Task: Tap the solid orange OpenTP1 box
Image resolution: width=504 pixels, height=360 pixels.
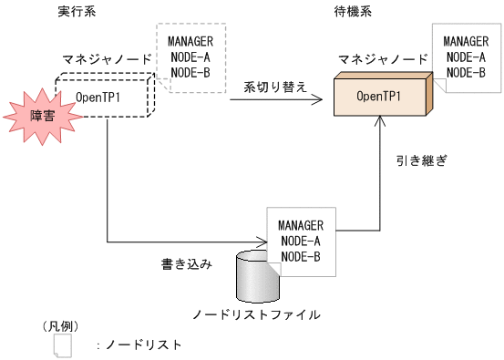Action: [381, 96]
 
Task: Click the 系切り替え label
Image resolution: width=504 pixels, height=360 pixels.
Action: [275, 87]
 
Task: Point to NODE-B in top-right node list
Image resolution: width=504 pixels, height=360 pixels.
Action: [465, 71]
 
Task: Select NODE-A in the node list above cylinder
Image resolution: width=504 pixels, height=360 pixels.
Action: [301, 241]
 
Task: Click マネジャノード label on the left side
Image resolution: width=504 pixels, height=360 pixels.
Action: [107, 59]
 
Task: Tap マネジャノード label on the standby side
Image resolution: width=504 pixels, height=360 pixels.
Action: [383, 59]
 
